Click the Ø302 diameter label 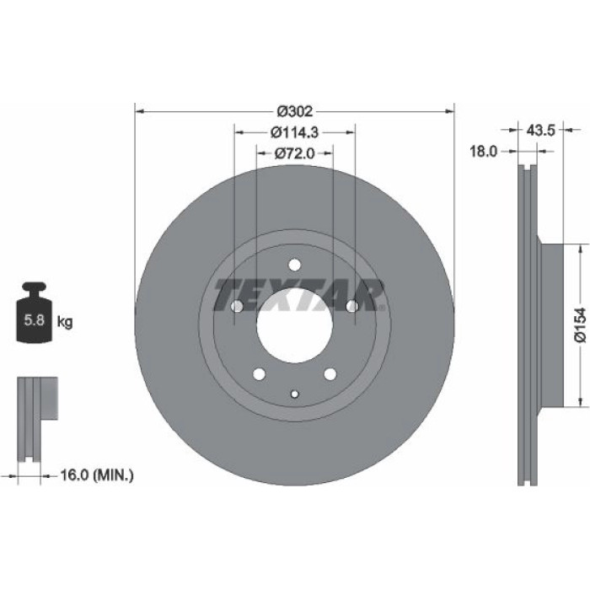(295, 111)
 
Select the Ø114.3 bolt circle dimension (295, 132)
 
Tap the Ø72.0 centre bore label (294, 153)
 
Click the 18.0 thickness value (484, 152)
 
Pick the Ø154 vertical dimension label (581, 324)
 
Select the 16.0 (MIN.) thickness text (97, 475)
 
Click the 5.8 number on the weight (35, 320)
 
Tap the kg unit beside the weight (65, 322)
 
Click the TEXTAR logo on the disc (299, 295)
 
